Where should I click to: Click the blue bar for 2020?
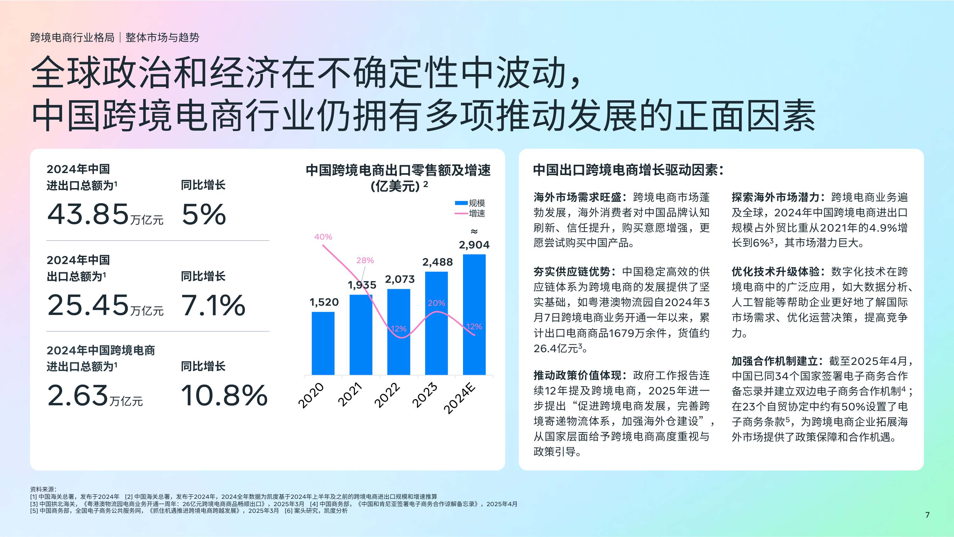(323, 343)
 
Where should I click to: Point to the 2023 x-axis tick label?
(425, 395)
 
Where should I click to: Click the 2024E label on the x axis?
(460, 399)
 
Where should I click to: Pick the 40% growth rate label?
(323, 237)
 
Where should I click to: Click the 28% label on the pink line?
(365, 261)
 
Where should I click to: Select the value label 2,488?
(437, 262)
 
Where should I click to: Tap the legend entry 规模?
(477, 203)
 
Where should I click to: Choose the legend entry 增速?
(477, 213)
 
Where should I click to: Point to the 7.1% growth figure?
(213, 305)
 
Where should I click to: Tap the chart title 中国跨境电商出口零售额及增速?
(398, 171)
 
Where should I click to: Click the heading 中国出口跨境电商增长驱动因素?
(628, 170)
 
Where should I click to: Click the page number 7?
(927, 515)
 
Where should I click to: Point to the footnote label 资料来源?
(43, 489)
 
